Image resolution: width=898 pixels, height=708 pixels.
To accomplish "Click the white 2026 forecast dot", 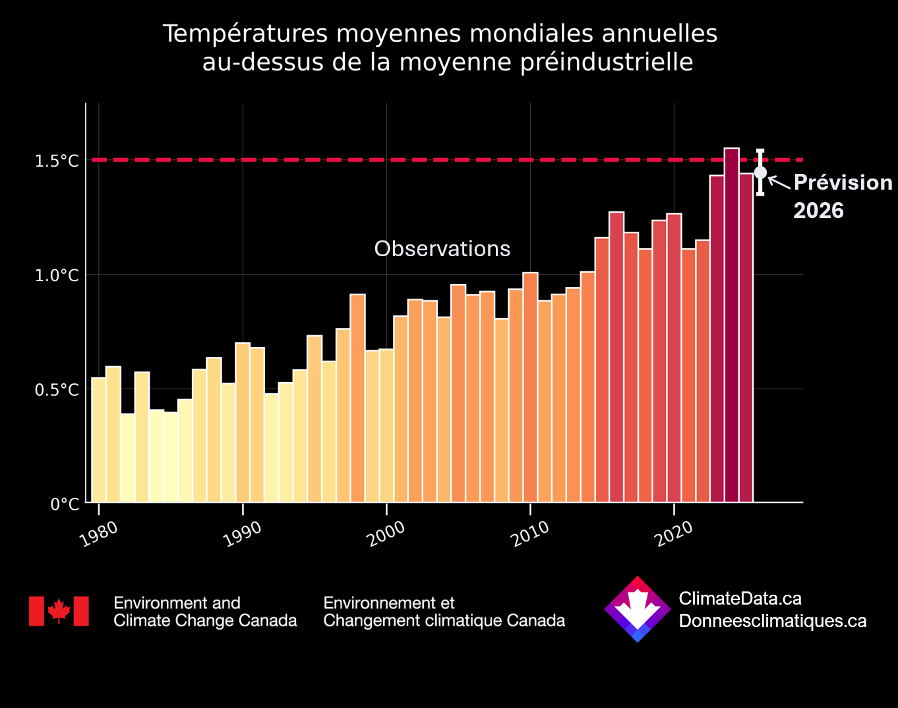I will [760, 173].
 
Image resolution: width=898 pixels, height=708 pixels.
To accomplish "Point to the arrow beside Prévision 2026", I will [779, 182].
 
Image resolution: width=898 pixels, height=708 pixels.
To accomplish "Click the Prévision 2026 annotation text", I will [842, 196].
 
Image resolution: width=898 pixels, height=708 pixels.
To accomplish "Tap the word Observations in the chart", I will [442, 249].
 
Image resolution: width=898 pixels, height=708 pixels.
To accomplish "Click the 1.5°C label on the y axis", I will [56, 161].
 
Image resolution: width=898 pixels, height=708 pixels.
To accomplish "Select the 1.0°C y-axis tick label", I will [56, 275].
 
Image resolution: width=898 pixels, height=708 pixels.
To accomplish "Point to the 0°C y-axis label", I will [65, 504].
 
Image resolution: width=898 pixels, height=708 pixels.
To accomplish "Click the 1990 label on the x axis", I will [243, 534].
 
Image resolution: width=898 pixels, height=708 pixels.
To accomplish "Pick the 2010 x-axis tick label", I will [530, 534].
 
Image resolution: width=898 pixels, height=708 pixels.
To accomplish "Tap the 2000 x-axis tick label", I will [386, 534].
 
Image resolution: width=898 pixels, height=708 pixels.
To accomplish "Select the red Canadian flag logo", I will [59, 611].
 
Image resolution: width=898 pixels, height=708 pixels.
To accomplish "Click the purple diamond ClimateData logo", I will [638, 609].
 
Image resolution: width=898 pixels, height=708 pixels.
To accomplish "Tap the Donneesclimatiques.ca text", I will [772, 621].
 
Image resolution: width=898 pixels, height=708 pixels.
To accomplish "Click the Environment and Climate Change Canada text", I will [205, 612].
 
